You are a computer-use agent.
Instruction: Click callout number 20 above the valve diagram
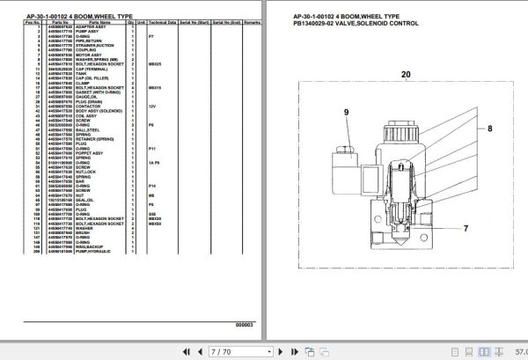coord(406,75)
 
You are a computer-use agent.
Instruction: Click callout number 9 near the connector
coord(346,112)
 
